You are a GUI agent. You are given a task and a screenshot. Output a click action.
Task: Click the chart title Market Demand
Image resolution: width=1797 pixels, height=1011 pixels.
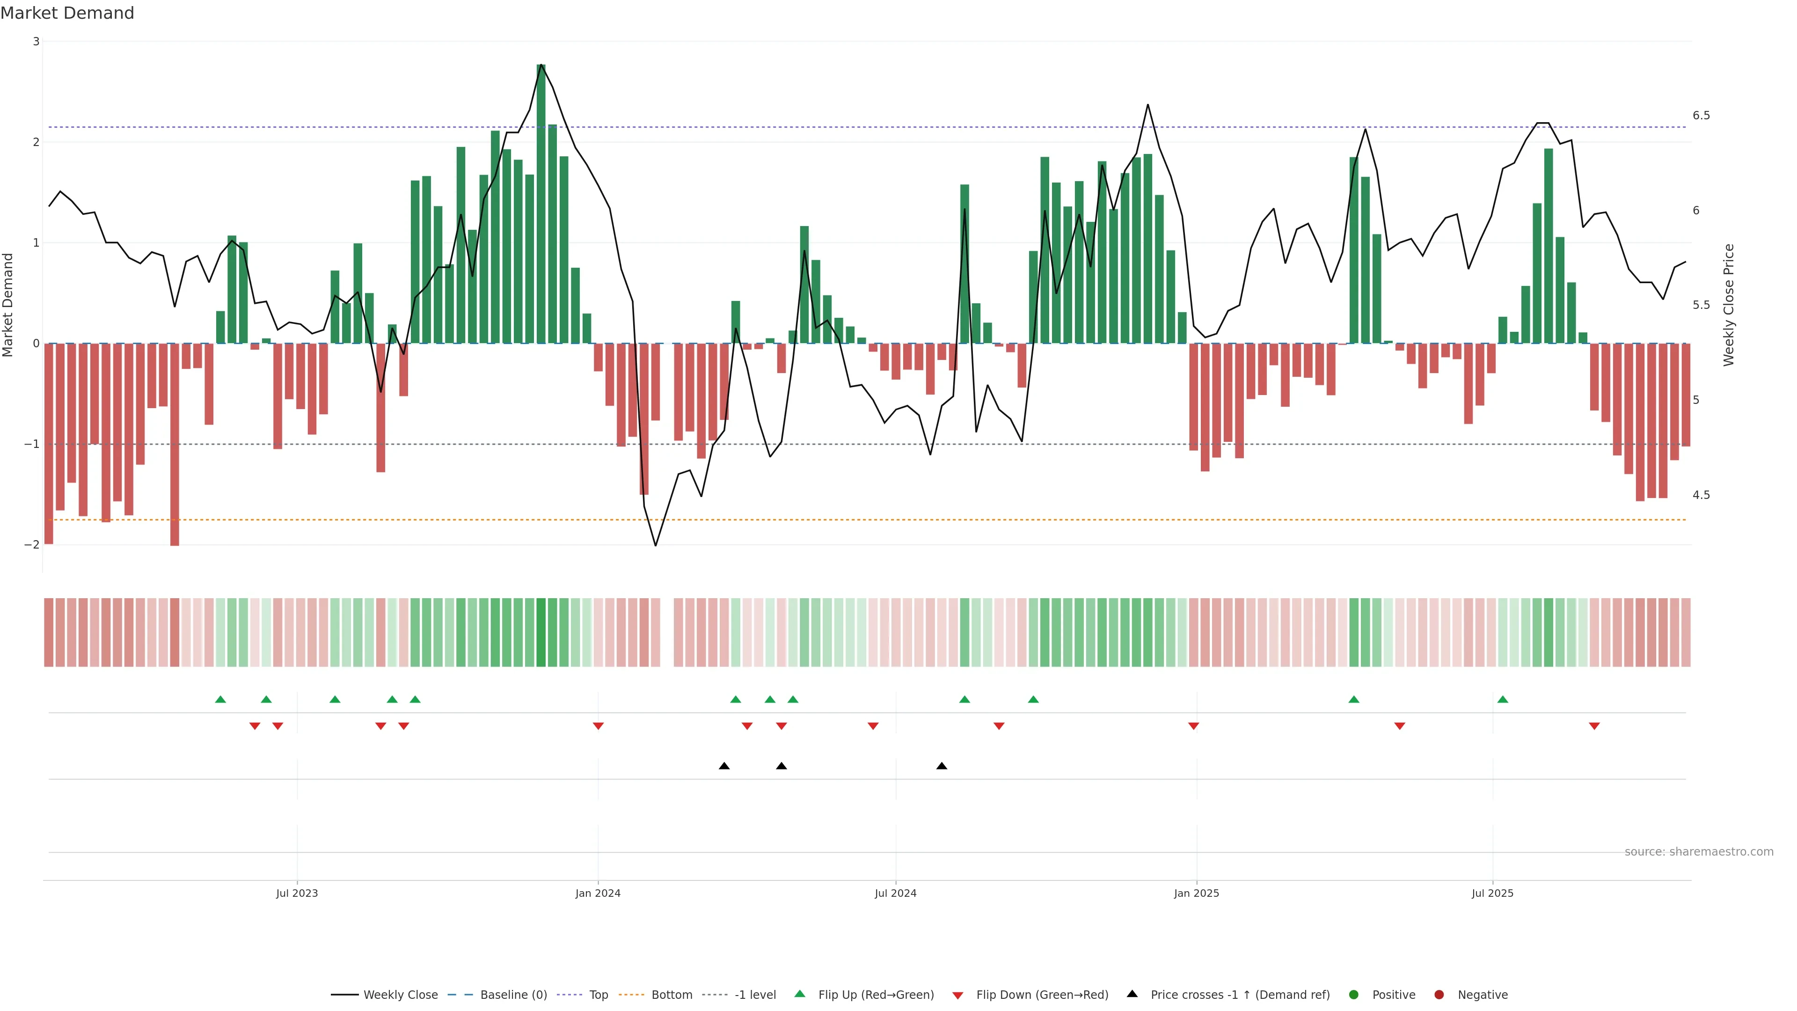point(67,13)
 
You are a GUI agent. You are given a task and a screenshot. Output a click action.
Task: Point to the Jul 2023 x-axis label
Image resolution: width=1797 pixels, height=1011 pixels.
point(297,893)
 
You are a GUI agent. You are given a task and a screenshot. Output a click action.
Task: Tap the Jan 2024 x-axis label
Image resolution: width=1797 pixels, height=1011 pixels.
point(598,893)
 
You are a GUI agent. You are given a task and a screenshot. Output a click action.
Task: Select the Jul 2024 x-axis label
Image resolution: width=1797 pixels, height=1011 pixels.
point(896,893)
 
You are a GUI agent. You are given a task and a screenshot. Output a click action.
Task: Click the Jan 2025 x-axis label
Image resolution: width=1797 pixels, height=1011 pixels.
point(1197,893)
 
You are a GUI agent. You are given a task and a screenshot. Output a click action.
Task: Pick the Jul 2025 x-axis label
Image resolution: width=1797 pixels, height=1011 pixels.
point(1492,893)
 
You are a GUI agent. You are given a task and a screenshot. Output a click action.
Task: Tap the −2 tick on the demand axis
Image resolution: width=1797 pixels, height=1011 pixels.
point(31,544)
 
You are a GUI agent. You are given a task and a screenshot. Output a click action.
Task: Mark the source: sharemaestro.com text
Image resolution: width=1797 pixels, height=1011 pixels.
point(1699,852)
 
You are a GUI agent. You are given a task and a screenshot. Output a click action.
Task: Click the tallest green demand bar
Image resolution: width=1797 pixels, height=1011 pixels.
point(541,202)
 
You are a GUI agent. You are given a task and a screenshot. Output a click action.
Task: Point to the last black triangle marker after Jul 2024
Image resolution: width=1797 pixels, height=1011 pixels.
point(942,766)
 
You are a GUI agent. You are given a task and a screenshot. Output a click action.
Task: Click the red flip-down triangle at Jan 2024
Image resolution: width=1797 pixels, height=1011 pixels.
point(598,726)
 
